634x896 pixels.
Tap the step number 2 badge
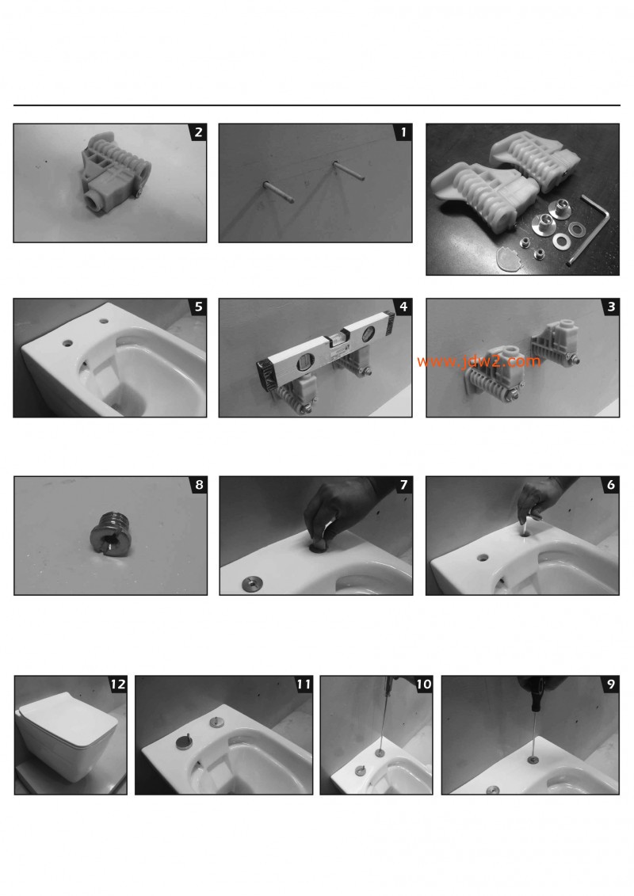[197, 133]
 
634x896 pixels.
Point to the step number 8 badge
[197, 485]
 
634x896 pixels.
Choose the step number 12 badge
[117, 684]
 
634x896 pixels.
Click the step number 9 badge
[609, 684]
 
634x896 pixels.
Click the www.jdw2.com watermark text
[479, 362]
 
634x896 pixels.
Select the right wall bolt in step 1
[345, 172]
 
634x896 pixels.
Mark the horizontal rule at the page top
[317, 105]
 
